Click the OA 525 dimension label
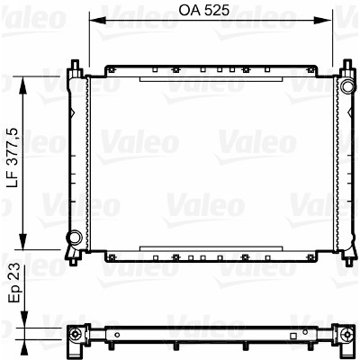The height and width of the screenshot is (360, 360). [204, 10]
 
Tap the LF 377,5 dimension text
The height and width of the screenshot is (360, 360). [13, 157]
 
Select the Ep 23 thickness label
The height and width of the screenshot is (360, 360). [13, 283]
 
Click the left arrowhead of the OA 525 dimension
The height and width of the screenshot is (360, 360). [98, 21]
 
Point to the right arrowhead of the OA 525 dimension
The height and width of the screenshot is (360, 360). [324, 21]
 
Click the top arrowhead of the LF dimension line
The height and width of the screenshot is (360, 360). [23, 85]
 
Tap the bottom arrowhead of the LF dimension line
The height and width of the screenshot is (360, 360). [23, 240]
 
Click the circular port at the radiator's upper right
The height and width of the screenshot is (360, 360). [346, 86]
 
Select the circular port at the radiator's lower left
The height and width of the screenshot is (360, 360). [74, 237]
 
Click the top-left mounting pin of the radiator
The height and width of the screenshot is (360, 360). [75, 65]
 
